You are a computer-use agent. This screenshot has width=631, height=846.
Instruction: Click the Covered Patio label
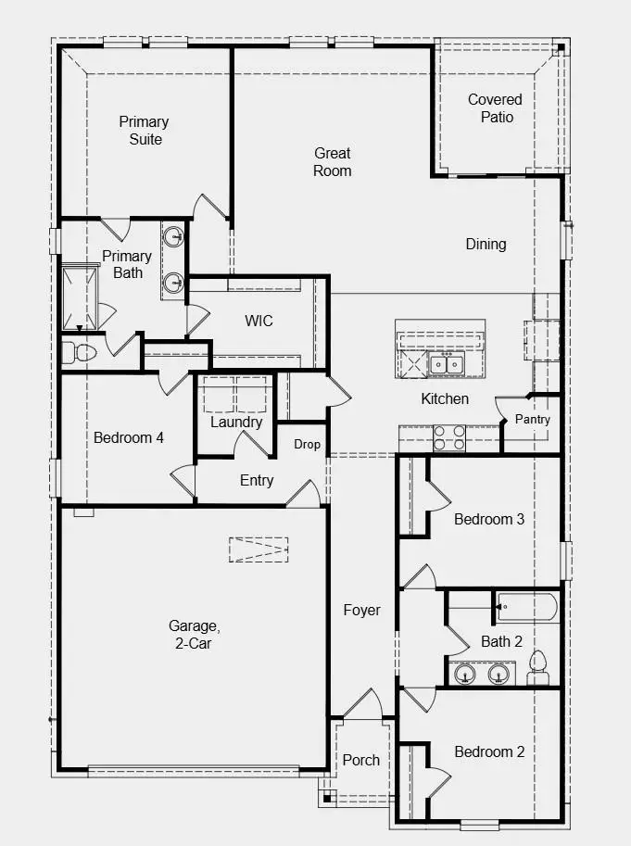pyautogui.click(x=495, y=108)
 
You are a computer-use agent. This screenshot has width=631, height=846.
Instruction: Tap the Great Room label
pyautogui.click(x=332, y=162)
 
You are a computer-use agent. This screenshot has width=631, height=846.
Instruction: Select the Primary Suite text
pyautogui.click(x=144, y=131)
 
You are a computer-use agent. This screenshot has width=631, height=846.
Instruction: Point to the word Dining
pyautogui.click(x=486, y=245)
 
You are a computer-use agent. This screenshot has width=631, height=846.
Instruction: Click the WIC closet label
pyautogui.click(x=259, y=322)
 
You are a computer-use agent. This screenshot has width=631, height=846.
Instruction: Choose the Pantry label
pyautogui.click(x=532, y=420)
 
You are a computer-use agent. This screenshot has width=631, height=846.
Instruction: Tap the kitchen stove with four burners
pyautogui.click(x=449, y=437)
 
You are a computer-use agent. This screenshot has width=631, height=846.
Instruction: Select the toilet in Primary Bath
pyautogui.click(x=78, y=353)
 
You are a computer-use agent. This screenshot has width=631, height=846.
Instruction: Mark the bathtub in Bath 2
pyautogui.click(x=526, y=608)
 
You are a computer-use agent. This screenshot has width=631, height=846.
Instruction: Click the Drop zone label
pyautogui.click(x=307, y=445)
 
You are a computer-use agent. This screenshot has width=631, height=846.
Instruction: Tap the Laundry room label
pyautogui.click(x=236, y=423)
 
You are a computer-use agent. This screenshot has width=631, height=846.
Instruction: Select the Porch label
pyautogui.click(x=361, y=760)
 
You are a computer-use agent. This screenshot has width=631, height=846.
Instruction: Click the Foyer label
pyautogui.click(x=361, y=611)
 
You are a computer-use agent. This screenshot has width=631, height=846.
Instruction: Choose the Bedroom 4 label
pyautogui.click(x=129, y=437)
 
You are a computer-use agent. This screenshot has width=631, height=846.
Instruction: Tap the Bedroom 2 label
pyautogui.click(x=489, y=751)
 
